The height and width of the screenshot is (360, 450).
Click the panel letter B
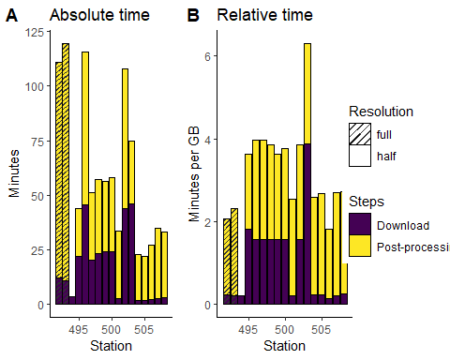tap(193, 16)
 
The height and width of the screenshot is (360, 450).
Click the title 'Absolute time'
tap(99, 16)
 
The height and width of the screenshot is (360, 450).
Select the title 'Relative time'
tap(264, 16)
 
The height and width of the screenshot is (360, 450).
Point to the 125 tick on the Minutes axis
tap(34, 33)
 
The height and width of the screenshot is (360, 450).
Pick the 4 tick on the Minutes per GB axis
tap(212, 139)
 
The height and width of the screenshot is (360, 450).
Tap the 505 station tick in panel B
tap(322, 329)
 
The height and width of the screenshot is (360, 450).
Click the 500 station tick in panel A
tap(110, 329)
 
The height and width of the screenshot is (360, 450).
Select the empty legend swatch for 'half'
tap(359, 157)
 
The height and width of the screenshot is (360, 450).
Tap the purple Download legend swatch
tap(359, 225)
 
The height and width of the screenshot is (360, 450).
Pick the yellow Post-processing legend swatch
tap(359, 247)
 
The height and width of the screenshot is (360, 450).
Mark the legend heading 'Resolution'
tap(381, 112)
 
